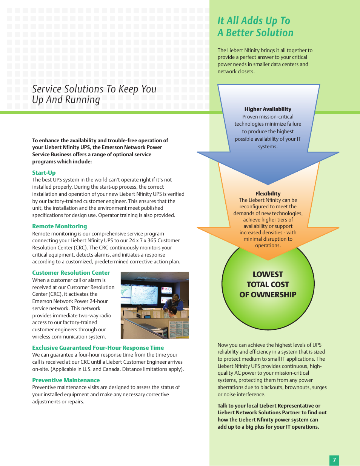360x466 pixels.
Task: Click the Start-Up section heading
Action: (x=44, y=173)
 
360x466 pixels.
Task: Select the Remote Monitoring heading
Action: (x=60, y=226)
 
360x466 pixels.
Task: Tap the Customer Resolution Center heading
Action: (x=71, y=273)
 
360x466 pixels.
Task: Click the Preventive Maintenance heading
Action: (x=66, y=380)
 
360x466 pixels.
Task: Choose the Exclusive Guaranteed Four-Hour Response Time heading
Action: (x=98, y=348)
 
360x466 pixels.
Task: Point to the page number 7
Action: (x=334, y=460)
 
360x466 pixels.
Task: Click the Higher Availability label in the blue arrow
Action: (x=268, y=109)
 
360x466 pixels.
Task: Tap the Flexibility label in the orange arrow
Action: (x=268, y=194)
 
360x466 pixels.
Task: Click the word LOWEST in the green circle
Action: (x=268, y=274)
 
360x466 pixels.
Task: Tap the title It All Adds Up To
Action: (x=254, y=21)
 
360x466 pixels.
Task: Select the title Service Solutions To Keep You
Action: (x=94, y=89)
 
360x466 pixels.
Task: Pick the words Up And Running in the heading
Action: (x=66, y=100)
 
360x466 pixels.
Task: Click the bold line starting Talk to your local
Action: (x=269, y=406)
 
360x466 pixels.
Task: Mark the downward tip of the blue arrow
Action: (x=268, y=184)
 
